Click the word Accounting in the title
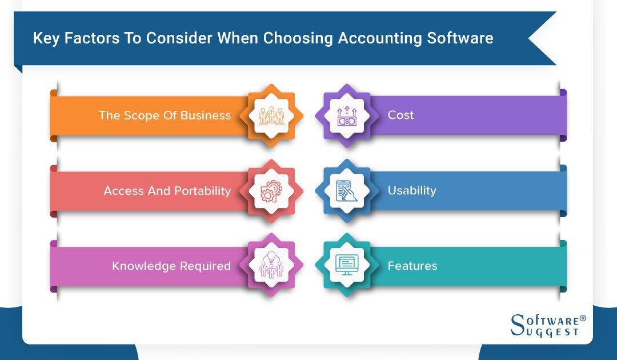(380, 38)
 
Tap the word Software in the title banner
(460, 38)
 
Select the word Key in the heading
(46, 38)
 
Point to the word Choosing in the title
(298, 38)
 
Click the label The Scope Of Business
(165, 115)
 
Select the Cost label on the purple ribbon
(400, 115)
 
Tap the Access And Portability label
(167, 191)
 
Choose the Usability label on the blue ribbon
(412, 190)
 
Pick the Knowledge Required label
(171, 266)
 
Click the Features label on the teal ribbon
(412, 266)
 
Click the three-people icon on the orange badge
(271, 115)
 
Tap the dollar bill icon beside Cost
(347, 115)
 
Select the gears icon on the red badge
(271, 191)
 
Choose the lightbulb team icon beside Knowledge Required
(271, 265)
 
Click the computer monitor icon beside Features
(347, 265)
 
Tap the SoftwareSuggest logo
(548, 325)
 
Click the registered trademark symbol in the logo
(583, 318)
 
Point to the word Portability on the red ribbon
(203, 191)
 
